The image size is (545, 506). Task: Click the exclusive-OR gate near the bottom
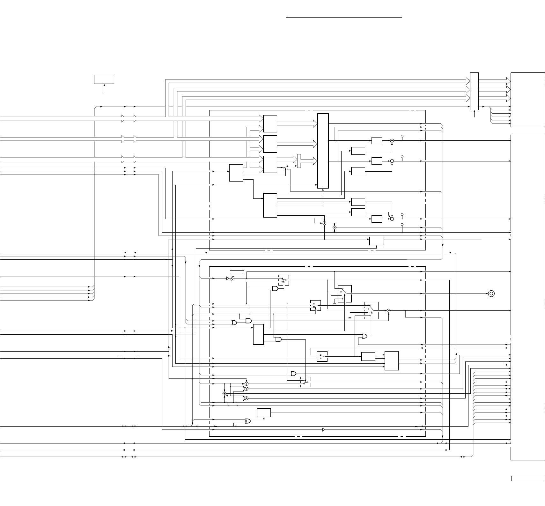pos(247,421)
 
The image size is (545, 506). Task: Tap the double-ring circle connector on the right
pos(491,294)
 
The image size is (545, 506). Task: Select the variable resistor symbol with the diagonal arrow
pos(232,278)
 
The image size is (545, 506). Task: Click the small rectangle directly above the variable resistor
pos(237,272)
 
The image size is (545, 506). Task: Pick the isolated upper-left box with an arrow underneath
pos(104,79)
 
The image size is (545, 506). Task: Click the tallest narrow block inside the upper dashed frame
pos(323,151)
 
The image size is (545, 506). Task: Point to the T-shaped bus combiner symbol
pos(299,161)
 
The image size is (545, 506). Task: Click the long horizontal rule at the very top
pos(344,18)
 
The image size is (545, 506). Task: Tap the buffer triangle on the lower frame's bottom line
pos(324,430)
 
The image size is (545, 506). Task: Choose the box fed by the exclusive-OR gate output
pos(264,413)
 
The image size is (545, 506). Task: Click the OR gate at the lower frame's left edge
pos(234,323)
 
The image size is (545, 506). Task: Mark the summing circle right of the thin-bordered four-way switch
pos(389,310)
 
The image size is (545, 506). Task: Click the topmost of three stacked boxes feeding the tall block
pos(270,123)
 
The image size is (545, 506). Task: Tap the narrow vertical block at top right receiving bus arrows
pos(474,91)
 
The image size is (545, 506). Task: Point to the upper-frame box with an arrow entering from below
pos(377,241)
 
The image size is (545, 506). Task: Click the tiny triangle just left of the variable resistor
pos(227,278)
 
